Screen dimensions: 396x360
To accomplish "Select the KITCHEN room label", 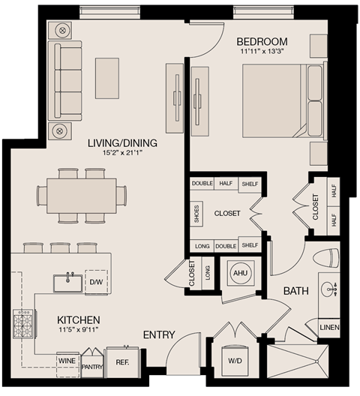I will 78,320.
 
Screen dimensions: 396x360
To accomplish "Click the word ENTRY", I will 158,334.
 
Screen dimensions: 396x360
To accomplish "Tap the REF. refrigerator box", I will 121,361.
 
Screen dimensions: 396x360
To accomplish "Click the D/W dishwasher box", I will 95,282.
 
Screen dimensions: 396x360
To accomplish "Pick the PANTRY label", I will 93,366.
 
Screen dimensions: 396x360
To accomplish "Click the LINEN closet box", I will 329,328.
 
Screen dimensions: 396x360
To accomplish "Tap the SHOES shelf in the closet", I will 197,213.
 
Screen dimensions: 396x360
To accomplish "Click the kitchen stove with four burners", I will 23,323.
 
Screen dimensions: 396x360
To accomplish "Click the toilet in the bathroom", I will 326,257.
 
